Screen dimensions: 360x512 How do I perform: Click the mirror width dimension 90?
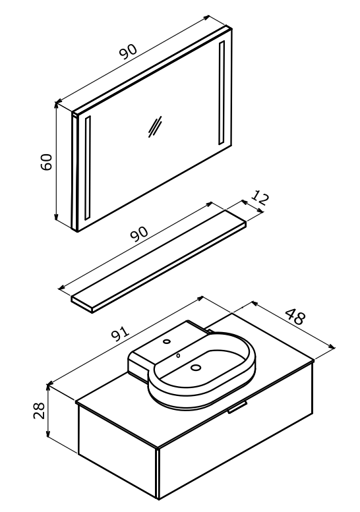coord(128,51)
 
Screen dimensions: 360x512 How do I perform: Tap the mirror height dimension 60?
coord(46,161)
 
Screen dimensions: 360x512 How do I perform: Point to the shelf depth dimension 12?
coord(260,198)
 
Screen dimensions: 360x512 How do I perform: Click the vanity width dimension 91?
coord(121,333)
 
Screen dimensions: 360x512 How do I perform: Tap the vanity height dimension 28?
coord(38,410)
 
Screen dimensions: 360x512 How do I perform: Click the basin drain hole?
coord(196,367)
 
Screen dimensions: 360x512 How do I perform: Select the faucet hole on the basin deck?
coord(167,342)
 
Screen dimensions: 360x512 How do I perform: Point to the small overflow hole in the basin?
coord(178,355)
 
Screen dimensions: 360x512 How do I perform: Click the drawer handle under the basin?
coord(237,407)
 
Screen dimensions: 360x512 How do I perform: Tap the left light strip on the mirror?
coord(87,168)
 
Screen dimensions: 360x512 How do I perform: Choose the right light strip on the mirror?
coord(222,93)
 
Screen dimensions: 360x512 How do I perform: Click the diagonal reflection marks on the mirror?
coord(154,127)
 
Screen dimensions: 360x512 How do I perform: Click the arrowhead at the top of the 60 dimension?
coord(56,105)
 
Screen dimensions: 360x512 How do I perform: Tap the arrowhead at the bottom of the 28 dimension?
coord(48,434)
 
